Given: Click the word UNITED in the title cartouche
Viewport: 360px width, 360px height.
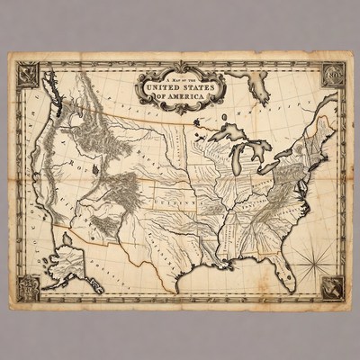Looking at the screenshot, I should click(163, 86).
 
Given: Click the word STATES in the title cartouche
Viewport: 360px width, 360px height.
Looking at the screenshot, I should click(201, 86).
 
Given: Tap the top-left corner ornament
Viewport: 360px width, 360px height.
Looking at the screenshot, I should click(27, 71).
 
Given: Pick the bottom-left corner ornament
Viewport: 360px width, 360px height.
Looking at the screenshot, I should click(28, 288).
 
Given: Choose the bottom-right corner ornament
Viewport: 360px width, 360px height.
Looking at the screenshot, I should click(331, 287).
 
